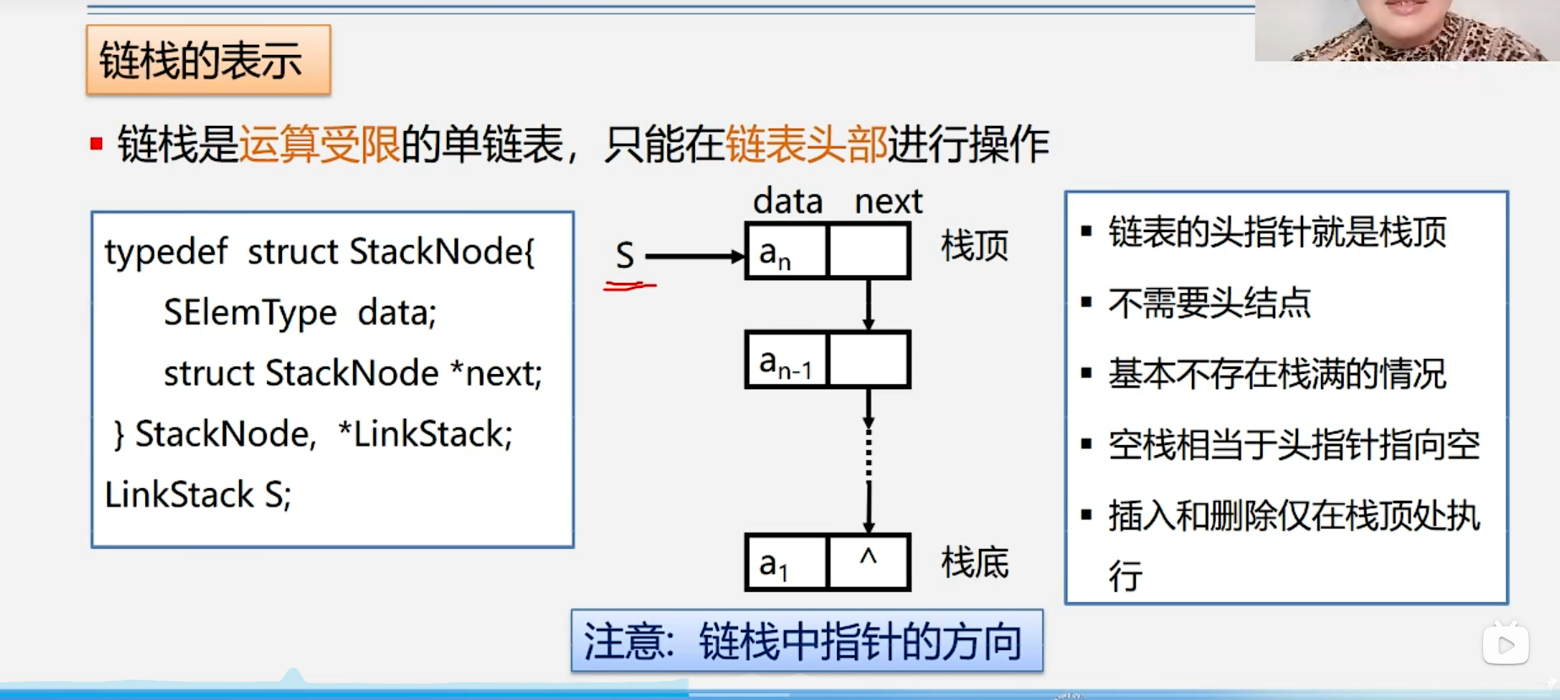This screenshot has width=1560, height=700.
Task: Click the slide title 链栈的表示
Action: [x=201, y=60]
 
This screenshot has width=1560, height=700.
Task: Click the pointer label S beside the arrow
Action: [x=625, y=256]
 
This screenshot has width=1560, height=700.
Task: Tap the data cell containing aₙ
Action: [x=785, y=252]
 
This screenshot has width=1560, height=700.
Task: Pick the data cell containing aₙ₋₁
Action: [x=785, y=361]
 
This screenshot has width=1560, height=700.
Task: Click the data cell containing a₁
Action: [x=785, y=562]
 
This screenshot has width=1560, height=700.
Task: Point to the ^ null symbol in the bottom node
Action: [x=868, y=557]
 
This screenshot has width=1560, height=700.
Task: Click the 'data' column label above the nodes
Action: [x=787, y=202]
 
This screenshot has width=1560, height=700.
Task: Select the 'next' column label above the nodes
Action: [x=888, y=202]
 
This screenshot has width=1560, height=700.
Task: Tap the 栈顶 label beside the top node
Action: [x=975, y=246]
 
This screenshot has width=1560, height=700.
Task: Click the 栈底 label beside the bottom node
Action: [x=975, y=562]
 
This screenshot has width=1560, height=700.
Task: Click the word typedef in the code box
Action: [x=166, y=252]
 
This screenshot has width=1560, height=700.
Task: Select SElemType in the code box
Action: [x=250, y=312]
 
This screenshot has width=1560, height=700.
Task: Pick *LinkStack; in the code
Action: [x=425, y=434]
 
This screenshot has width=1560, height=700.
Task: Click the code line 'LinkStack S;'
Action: [x=198, y=495]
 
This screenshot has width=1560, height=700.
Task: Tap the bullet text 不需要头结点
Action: [x=1209, y=302]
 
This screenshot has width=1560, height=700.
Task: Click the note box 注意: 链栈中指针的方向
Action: [x=807, y=641]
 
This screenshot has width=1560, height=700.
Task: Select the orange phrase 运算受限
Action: [x=319, y=144]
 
